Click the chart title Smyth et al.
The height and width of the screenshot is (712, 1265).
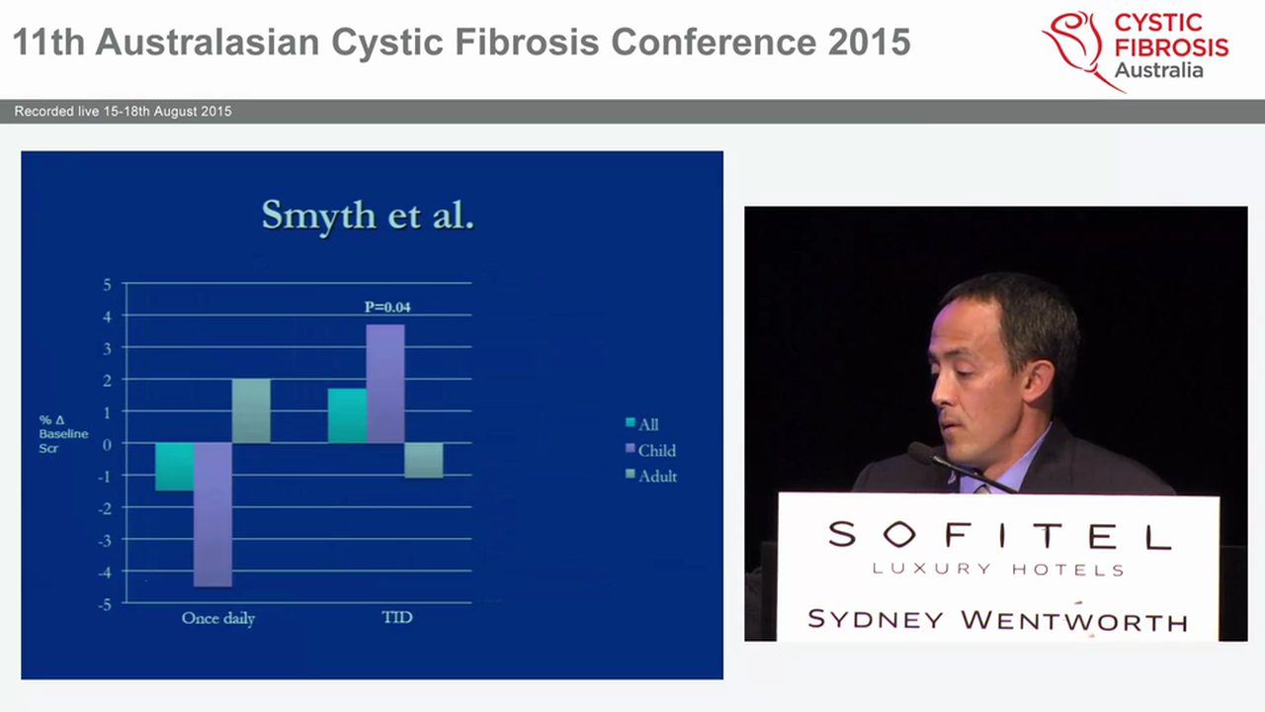pyautogui.click(x=368, y=215)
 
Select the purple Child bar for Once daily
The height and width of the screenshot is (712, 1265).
pyautogui.click(x=212, y=514)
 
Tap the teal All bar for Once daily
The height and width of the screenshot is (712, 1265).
pyautogui.click(x=175, y=466)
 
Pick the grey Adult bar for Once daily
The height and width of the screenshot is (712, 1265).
pyautogui.click(x=251, y=410)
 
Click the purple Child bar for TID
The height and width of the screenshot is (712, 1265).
pyautogui.click(x=384, y=384)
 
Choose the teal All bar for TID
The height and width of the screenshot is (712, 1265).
pyautogui.click(x=347, y=415)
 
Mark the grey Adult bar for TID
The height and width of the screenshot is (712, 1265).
pyautogui.click(x=423, y=460)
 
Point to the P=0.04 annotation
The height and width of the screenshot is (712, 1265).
pyautogui.click(x=387, y=307)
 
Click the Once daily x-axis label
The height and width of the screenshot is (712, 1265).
pyautogui.click(x=218, y=618)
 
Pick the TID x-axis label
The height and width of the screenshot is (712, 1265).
pyautogui.click(x=396, y=617)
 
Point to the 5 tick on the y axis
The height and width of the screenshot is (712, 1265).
pyautogui.click(x=108, y=285)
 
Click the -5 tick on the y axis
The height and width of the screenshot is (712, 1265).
pyautogui.click(x=106, y=602)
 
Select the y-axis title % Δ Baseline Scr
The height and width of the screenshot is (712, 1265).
pyautogui.click(x=63, y=434)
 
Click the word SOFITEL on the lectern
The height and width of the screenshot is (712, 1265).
pyautogui.click(x=998, y=535)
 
